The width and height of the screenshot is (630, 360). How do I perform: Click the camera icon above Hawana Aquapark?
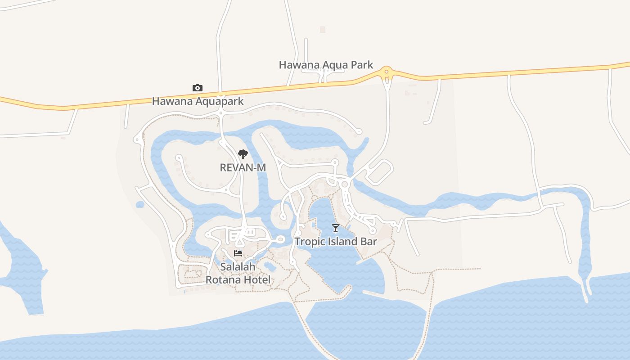[197, 88]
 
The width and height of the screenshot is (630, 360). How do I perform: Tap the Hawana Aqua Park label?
[326, 65]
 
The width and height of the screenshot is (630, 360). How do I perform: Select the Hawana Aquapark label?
[198, 101]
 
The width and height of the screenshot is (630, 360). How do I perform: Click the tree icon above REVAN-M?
[243, 154]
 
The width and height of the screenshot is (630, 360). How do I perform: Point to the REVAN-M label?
[243, 167]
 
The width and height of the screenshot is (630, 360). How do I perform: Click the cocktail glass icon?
[336, 228]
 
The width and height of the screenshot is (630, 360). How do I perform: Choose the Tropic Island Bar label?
[336, 241]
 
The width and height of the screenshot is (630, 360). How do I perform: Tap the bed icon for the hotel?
[238, 253]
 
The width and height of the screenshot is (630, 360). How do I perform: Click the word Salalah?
[238, 267]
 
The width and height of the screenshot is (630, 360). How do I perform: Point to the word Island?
[342, 241]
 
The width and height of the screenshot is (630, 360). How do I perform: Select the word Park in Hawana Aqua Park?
[361, 65]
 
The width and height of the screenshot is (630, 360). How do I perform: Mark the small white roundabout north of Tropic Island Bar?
[345, 184]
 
